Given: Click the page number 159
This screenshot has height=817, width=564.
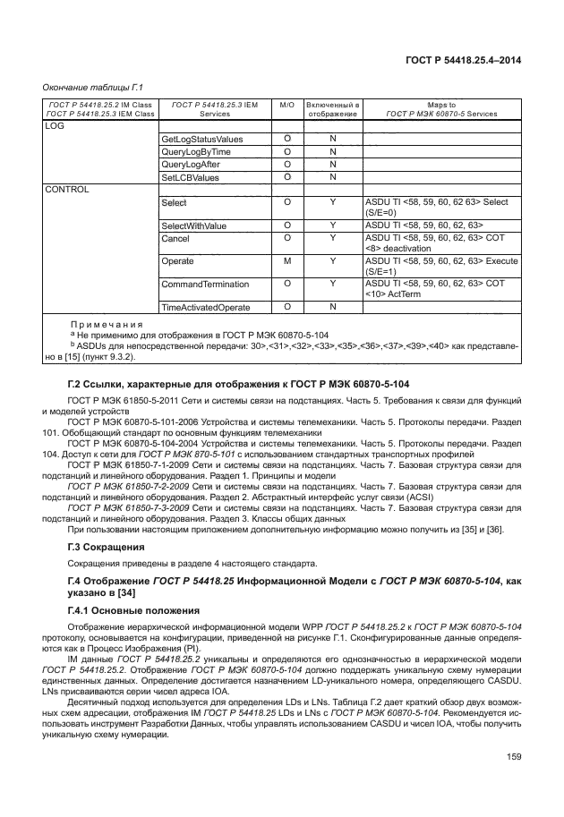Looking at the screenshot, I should tap(513, 782).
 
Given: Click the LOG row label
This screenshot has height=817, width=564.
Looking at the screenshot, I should tap(56, 126).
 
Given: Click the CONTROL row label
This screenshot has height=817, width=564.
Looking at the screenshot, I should tap(66, 190).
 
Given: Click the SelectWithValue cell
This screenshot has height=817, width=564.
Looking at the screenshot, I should tap(194, 225).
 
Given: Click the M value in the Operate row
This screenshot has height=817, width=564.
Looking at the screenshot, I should tap(287, 260).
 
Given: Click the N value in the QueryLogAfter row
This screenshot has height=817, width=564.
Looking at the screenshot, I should tap(332, 165).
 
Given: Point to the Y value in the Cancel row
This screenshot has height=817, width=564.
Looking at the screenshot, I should tap(332, 237).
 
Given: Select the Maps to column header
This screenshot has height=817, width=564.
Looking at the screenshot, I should tap(441, 109).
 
